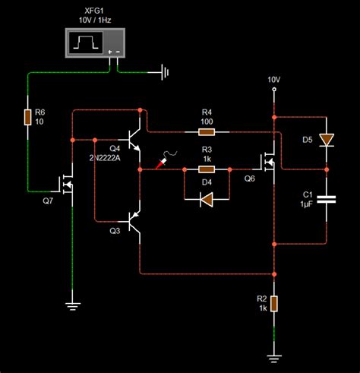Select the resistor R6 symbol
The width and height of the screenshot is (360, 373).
tap(27, 117)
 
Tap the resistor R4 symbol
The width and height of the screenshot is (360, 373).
tap(207, 131)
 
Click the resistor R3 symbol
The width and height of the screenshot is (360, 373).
tap(207, 170)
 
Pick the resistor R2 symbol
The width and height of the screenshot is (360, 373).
tap(273, 305)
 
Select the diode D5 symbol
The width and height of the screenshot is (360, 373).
tap(327, 140)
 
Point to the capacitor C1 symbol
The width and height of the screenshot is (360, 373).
tap(327, 200)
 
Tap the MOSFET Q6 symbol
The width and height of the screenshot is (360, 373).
tap(268, 161)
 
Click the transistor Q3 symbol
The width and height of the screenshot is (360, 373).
tap(135, 222)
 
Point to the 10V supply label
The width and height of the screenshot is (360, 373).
tap(273, 80)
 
